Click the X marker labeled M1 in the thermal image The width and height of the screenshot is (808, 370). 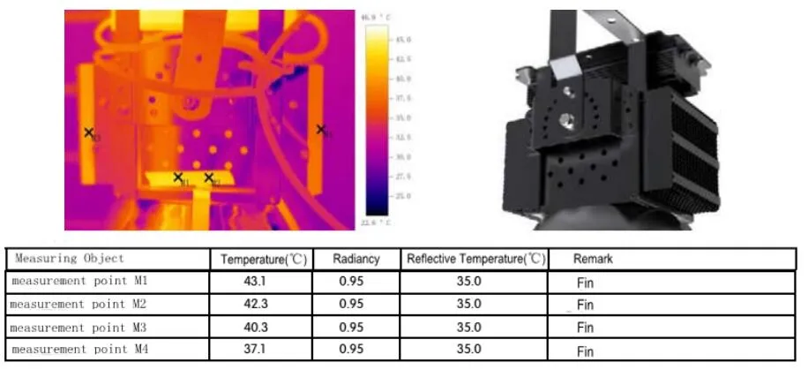(178, 177)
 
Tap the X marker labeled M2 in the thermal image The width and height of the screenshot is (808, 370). (209, 177)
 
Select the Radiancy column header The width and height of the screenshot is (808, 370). (356, 260)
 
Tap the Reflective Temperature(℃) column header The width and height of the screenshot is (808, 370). (474, 260)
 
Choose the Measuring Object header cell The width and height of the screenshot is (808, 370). (70, 259)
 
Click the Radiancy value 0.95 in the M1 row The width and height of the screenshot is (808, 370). (351, 282)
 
